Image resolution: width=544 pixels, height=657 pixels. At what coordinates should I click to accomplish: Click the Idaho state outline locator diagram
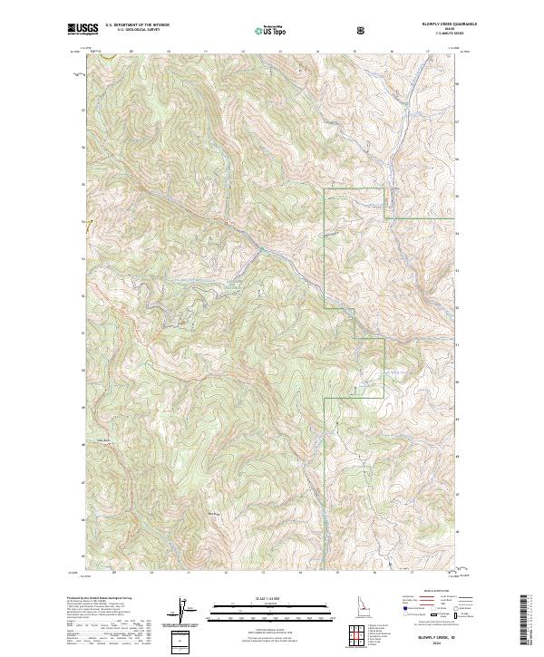pyautogui.click(x=325, y=603)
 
